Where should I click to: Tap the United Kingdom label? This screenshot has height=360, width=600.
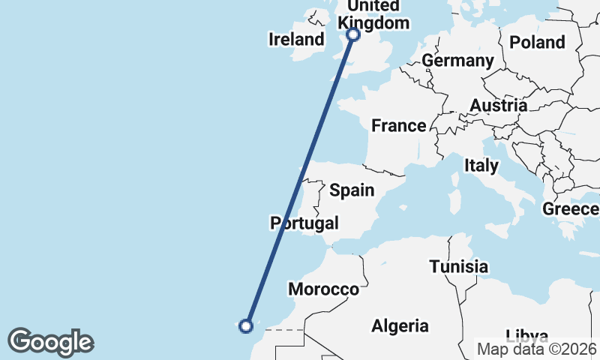pos(374,14)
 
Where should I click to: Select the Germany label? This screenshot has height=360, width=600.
pos(457,61)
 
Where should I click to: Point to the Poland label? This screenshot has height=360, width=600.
pos(537,42)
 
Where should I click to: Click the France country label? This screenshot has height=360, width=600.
pos(399,125)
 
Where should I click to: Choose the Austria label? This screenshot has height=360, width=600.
pos(499,106)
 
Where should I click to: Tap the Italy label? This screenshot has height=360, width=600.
pos(481,165)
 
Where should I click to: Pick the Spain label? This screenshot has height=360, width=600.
pos(352,190)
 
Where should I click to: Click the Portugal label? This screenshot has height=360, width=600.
pos(304,223)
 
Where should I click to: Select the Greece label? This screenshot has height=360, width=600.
pos(571,208)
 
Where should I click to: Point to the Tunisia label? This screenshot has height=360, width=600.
pos(459,266)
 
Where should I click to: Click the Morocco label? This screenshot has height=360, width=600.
pos(324,289)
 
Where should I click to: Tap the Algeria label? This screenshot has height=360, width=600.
pos(400,325)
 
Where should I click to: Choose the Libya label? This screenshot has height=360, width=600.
pos(526,334)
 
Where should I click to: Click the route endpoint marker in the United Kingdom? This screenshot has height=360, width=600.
pos(353,34)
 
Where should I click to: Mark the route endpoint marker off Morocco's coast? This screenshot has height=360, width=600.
pos(245,325)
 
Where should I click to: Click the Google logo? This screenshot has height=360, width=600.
pos(50,342)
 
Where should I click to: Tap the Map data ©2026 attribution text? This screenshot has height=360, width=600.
pos(537,349)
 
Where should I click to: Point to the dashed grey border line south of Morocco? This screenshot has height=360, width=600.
pos(285,329)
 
